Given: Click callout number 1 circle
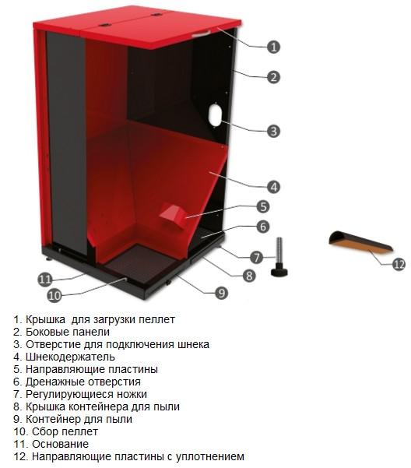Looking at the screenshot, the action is point(273,47).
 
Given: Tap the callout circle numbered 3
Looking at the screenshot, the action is point(273,131).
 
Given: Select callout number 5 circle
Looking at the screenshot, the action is point(263,206).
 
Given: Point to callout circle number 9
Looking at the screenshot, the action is point(221,293).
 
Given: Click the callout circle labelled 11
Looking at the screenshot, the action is point(45,280).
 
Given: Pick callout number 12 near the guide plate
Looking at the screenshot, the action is point(399,265).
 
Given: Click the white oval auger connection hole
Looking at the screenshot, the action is point(216,115).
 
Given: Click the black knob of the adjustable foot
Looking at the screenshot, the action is point(279,272).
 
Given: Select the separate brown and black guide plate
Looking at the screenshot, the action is point(360,242).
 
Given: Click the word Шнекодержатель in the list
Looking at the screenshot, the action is point(70,357).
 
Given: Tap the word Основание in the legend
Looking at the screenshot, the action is point(60,444).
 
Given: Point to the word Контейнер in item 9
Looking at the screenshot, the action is point(53,419).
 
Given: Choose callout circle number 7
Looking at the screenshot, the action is point(257,257).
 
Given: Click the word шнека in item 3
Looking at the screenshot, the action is point(194,344).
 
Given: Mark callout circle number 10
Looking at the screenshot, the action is point(54,295).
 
